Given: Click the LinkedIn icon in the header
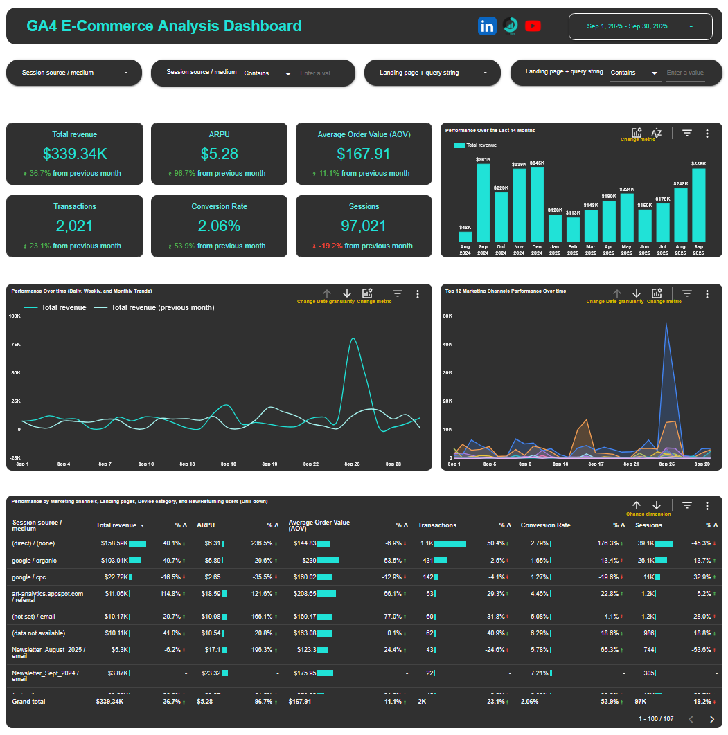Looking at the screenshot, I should click(x=487, y=26).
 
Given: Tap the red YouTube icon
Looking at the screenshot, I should click(x=533, y=26).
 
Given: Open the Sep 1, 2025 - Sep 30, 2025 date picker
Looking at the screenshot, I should click(x=640, y=26).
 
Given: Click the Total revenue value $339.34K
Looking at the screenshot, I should click(x=75, y=154).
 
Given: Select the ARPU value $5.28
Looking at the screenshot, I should click(x=219, y=154).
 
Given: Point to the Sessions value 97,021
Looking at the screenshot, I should click(x=364, y=226).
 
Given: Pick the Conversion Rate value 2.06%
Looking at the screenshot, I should click(x=219, y=226).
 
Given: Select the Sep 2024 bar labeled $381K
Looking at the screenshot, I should click(x=483, y=201).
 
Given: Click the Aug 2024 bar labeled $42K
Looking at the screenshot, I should click(x=465, y=236).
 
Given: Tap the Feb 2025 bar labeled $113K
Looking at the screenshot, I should click(x=573, y=229).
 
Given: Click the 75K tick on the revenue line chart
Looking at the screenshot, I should click(x=15, y=345).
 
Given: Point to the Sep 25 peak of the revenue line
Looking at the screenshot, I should click(x=353, y=339).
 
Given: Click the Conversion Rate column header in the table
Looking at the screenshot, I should click(x=545, y=525).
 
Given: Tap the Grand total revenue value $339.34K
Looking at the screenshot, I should click(x=109, y=701).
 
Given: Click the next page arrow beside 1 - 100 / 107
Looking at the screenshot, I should click(x=711, y=719).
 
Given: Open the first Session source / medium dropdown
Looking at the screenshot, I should click(x=74, y=73).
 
